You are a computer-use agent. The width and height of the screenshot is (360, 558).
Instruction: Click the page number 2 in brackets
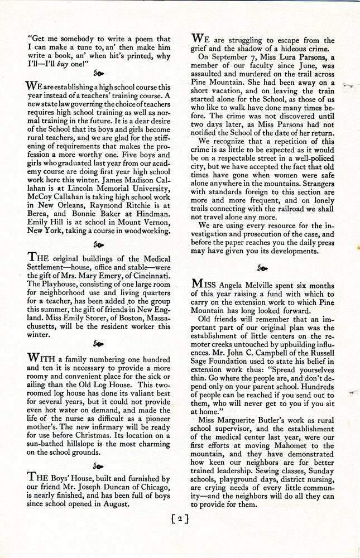(180, 519)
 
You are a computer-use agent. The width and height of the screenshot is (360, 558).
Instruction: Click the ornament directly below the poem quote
(98, 73)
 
